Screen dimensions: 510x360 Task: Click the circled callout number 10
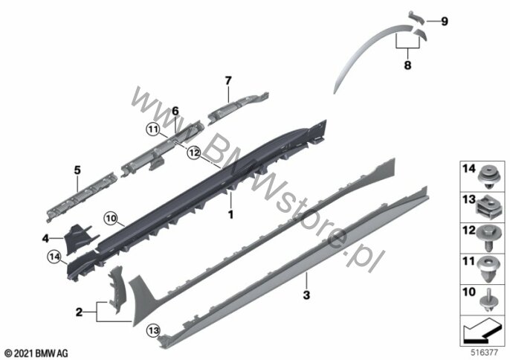(111, 219)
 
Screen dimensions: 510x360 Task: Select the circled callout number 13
(153, 331)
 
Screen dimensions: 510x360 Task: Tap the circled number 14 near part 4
(54, 257)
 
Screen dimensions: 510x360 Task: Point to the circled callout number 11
(152, 129)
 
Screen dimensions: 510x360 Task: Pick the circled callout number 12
(194, 152)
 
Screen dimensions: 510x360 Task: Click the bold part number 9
(445, 22)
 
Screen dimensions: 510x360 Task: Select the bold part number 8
(407, 65)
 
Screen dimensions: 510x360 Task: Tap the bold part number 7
(228, 80)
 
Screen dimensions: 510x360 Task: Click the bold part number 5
(77, 170)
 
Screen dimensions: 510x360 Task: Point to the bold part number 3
(306, 295)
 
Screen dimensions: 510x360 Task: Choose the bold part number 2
(79, 312)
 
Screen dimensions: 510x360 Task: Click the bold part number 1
(230, 215)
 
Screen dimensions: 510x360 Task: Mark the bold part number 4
(45, 239)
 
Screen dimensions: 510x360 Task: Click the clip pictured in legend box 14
(489, 178)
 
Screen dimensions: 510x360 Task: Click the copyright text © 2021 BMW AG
(36, 353)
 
